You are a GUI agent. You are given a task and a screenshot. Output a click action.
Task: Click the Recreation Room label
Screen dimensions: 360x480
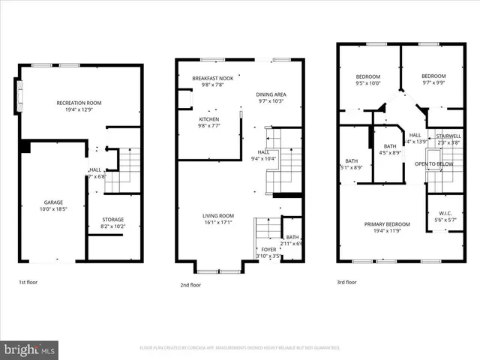click(79, 103)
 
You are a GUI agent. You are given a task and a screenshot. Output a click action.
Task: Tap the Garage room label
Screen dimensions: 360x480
click(53, 202)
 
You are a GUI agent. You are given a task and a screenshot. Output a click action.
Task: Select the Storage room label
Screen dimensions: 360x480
click(113, 220)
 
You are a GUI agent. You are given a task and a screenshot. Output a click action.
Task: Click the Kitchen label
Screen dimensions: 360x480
click(209, 119)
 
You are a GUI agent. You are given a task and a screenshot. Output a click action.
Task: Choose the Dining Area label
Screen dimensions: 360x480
click(271, 94)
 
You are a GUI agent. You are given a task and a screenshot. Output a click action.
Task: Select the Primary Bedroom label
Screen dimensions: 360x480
click(388, 224)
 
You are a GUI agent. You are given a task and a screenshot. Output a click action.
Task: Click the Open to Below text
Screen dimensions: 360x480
click(433, 163)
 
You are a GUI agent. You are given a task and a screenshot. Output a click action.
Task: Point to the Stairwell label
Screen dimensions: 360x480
click(448, 136)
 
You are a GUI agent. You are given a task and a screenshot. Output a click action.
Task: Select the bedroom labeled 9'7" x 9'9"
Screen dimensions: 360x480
click(433, 76)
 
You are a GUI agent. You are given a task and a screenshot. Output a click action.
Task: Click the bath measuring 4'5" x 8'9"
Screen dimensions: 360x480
click(389, 146)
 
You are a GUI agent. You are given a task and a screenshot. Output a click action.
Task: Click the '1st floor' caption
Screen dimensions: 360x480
click(29, 283)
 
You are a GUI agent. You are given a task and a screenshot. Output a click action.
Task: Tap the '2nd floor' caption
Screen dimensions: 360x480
click(190, 285)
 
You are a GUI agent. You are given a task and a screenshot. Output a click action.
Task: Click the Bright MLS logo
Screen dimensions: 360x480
click(30, 349)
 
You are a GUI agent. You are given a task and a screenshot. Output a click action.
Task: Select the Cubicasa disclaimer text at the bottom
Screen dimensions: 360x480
click(240, 348)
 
